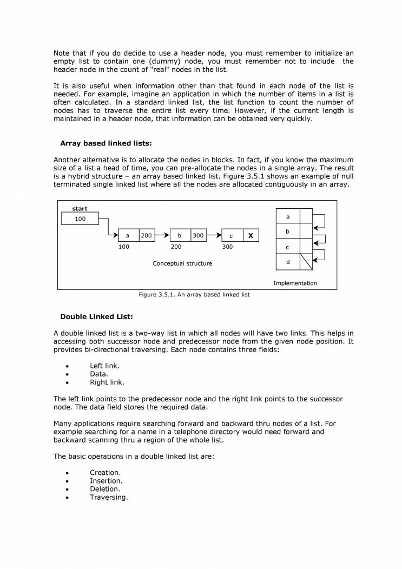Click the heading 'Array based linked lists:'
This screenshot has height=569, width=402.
coord(106,143)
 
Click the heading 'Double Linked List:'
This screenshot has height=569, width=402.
coord(96,316)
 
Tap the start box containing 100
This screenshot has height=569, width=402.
coord(80,219)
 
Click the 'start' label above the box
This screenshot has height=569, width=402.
coord(80,208)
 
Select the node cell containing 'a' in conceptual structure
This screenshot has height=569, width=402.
coord(128,236)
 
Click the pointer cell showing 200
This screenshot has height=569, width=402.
coord(147,236)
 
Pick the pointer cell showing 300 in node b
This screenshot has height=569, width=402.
coord(198,236)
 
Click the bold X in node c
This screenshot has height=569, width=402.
coord(250,236)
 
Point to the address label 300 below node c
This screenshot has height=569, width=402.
coord(227,247)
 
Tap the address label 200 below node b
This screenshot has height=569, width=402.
coord(176,247)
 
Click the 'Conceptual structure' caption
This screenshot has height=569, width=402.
coord(182,263)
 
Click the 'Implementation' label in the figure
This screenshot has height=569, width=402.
coord(295,283)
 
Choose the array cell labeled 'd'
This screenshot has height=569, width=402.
coord(287,262)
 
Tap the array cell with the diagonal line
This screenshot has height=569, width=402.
coord(306,262)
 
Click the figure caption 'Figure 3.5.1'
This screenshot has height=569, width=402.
coord(194,295)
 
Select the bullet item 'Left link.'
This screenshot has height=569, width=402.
coord(104,366)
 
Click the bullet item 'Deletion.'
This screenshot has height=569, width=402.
coord(105,488)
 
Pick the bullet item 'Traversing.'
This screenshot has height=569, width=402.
coord(109,497)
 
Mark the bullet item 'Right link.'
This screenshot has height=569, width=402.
coord(107,382)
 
